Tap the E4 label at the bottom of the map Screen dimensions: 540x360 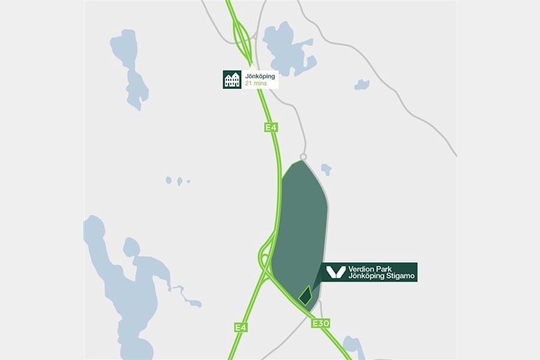[241, 327]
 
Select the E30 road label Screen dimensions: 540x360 [321, 323]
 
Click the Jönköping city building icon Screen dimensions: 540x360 [232, 79]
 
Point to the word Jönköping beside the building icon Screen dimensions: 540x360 [260, 76]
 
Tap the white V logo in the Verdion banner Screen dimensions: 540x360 [335, 272]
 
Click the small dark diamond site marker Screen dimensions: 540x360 [305, 295]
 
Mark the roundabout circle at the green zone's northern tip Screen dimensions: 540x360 [304, 157]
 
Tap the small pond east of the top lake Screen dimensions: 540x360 [362, 85]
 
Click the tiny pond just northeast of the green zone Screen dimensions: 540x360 [326, 170]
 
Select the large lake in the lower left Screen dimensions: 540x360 [129, 282]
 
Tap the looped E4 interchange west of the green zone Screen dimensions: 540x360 [266, 258]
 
